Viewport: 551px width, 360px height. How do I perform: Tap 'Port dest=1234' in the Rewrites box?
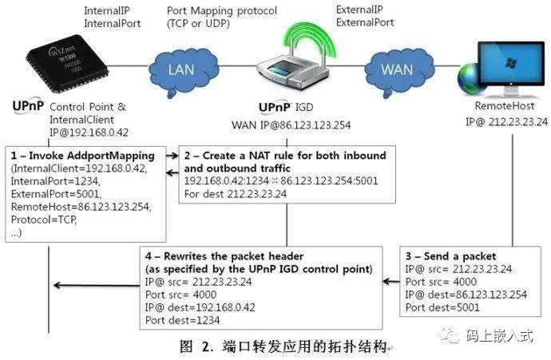tap(182, 321)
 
